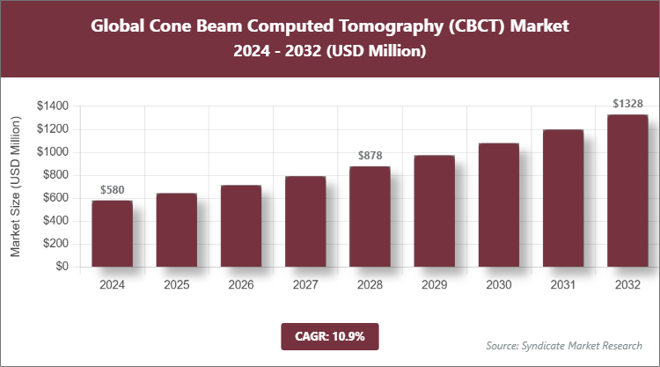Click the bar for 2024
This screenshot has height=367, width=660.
click(x=113, y=233)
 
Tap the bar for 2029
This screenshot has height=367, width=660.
click(x=435, y=210)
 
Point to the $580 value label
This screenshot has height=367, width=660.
click(x=113, y=189)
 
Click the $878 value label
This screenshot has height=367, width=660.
click(x=370, y=156)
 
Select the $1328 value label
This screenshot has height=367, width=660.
click(x=627, y=104)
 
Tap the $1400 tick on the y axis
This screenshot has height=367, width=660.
click(x=52, y=106)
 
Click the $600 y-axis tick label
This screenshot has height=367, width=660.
click(x=55, y=198)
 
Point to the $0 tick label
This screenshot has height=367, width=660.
click(x=61, y=267)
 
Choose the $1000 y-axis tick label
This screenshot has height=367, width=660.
click(x=52, y=151)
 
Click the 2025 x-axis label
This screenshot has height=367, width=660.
click(x=177, y=285)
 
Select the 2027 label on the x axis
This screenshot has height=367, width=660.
click(x=305, y=285)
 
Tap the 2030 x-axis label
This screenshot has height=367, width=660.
click(x=499, y=285)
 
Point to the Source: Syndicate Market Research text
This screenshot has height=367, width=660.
click(x=563, y=344)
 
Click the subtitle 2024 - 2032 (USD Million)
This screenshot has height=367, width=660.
click(x=329, y=52)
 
